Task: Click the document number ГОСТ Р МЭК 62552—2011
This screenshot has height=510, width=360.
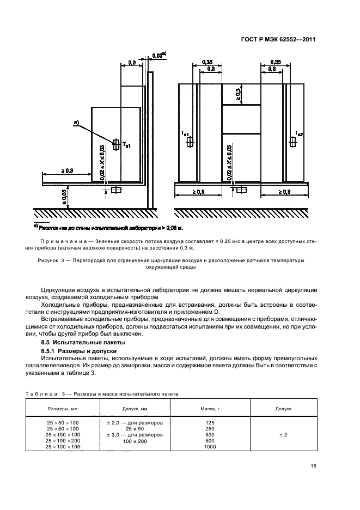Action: coord(278,40)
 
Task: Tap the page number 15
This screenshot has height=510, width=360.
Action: coord(313,465)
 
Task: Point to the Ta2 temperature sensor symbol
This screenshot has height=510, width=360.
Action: coord(293,142)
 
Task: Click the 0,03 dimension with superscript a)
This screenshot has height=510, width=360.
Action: coord(158,56)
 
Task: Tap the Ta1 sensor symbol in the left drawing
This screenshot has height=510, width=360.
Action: coord(116,144)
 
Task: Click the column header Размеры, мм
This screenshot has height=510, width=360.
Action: coord(63,408)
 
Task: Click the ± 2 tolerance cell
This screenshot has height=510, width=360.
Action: coord(283,435)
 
